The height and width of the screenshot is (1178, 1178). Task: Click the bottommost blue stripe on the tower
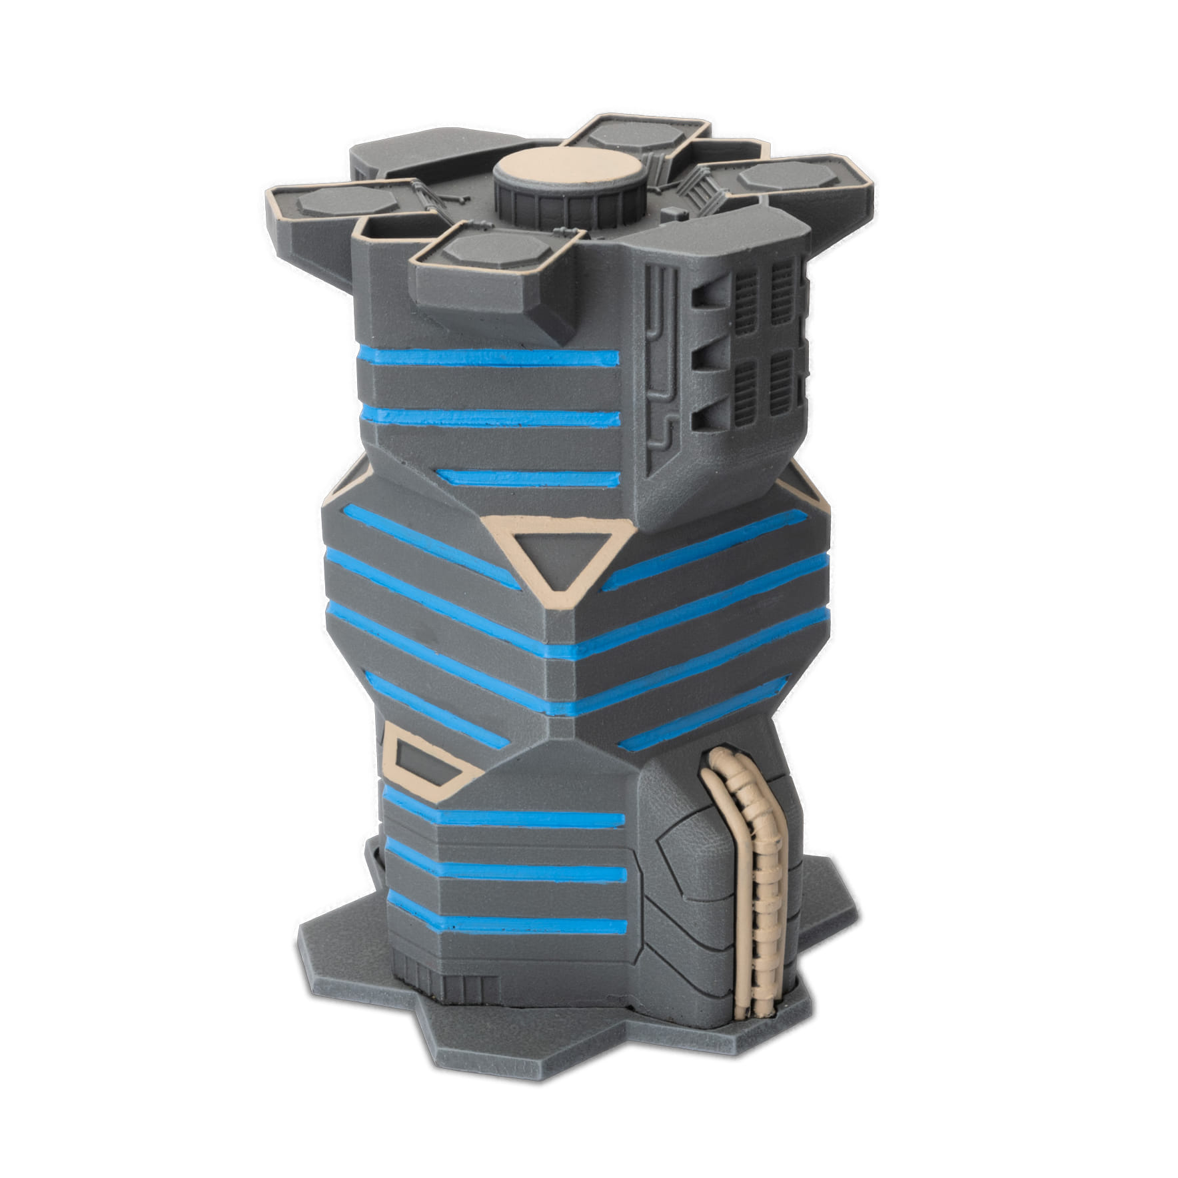tap(506, 927)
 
